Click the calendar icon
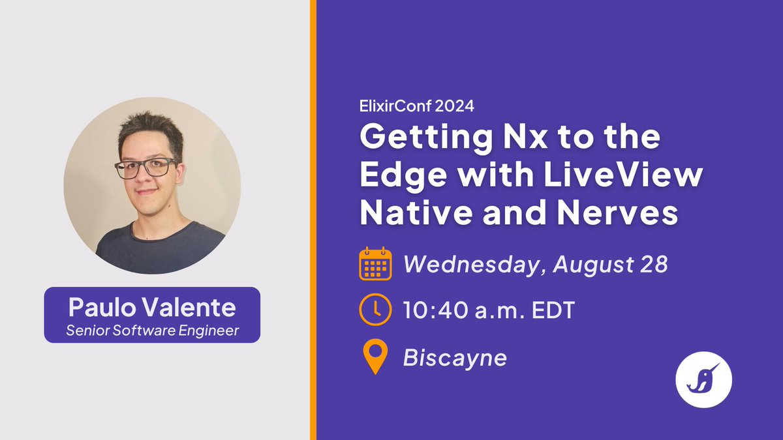click(x=375, y=264)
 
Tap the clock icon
click(x=375, y=310)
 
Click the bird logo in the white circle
click(x=704, y=379)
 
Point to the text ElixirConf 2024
click(x=418, y=106)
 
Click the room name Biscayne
click(x=455, y=358)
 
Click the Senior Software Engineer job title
click(x=152, y=330)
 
